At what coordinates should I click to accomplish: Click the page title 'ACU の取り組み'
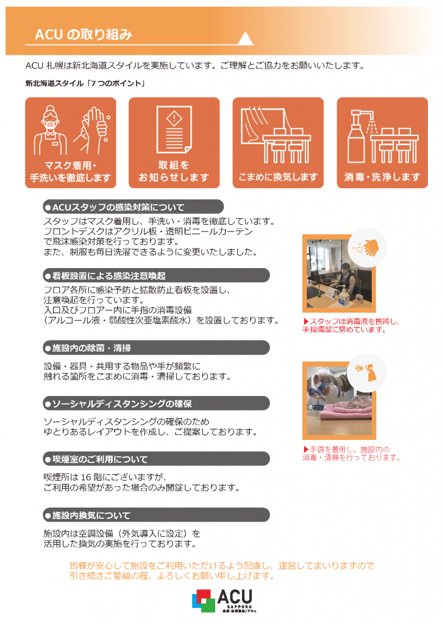[x=84, y=35]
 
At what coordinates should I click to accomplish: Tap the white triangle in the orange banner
[x=245, y=38]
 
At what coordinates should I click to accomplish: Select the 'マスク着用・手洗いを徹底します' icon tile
[x=71, y=143]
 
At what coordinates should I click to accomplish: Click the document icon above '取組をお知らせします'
[x=174, y=129]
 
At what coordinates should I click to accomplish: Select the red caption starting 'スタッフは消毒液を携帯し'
[x=351, y=325]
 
